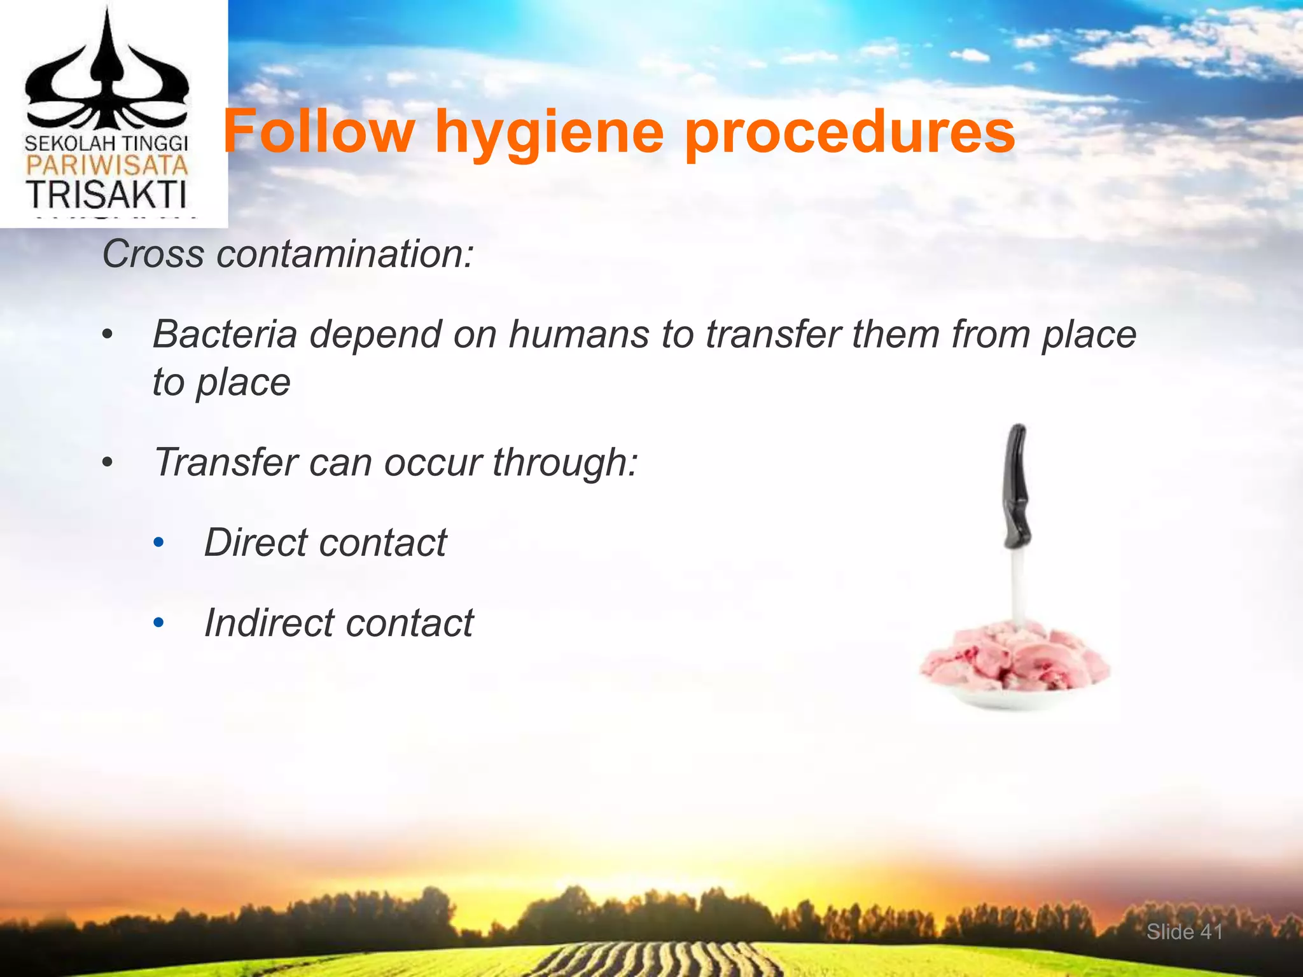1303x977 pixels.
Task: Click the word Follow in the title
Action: [318, 132]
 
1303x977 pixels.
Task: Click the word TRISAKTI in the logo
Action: [106, 195]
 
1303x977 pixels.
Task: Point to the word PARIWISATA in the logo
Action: [106, 167]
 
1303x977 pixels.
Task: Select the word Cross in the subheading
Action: [153, 254]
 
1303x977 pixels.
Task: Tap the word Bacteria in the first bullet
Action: [225, 334]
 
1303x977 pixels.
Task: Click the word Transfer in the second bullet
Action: [225, 462]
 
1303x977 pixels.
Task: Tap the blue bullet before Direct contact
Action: [158, 544]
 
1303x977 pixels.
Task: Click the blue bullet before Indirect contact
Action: [158, 623]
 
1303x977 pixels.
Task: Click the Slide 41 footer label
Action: [1184, 932]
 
